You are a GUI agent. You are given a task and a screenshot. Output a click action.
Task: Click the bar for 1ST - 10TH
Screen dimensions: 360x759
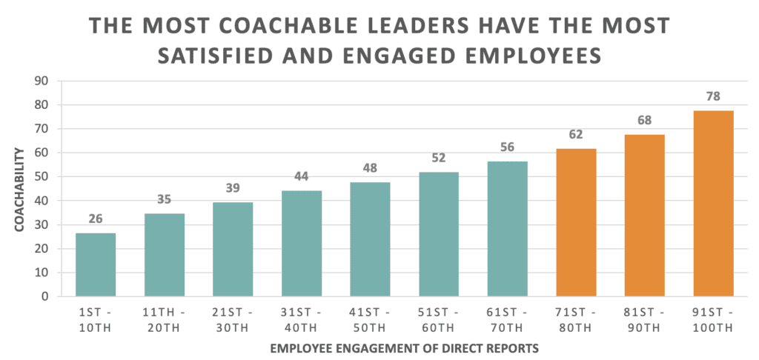point(96,264)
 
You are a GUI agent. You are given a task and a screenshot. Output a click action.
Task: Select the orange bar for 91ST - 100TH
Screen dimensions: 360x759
point(713,204)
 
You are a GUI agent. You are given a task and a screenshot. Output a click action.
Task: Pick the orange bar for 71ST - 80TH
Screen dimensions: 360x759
point(576,222)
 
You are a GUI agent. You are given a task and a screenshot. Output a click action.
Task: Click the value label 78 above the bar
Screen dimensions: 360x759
point(713,96)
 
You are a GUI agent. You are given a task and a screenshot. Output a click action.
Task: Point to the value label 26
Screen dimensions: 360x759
point(96,219)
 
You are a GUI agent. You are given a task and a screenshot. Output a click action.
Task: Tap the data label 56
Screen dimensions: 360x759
point(507,147)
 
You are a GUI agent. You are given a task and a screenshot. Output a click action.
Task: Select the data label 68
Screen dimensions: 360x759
point(644,120)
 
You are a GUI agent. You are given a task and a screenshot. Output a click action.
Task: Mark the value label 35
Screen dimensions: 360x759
point(165,199)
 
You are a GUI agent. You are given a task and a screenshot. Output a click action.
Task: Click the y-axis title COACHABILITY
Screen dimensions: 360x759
point(19,188)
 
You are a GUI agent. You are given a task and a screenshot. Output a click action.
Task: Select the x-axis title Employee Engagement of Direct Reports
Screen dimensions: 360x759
point(404,347)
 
